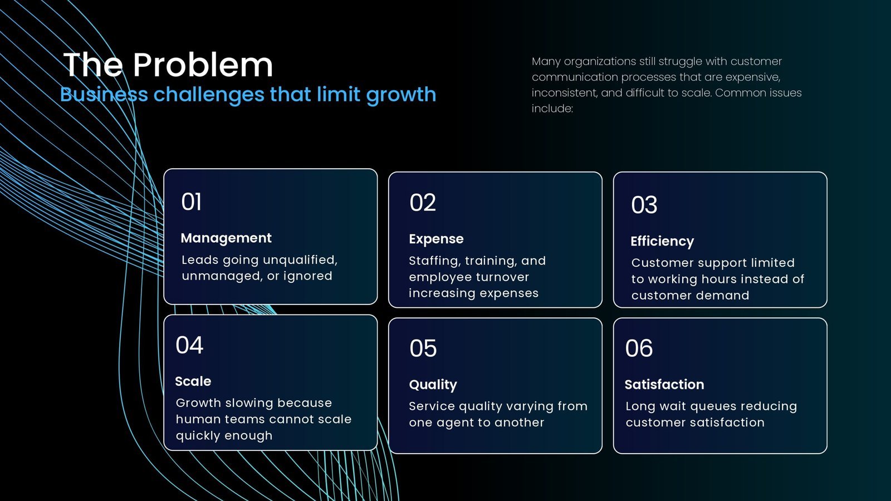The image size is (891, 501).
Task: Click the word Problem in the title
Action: coord(203,65)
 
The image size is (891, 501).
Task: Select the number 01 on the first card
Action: coord(192,202)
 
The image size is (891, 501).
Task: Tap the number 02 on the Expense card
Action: coord(423,203)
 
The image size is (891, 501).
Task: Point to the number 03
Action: coord(644,205)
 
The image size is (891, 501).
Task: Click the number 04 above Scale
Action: coord(189,345)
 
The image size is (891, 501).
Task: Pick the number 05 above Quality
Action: coord(423,348)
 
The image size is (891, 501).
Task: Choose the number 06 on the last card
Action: coord(639,348)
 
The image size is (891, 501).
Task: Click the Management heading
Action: coord(226,238)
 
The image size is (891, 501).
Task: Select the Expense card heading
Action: coord(437,239)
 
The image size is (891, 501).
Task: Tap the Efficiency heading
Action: coord(662,242)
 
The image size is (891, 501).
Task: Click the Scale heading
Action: coord(193,381)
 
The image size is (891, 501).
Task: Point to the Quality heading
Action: coord(433,385)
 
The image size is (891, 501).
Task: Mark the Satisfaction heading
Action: coord(664,385)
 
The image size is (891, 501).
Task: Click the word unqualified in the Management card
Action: coord(300,260)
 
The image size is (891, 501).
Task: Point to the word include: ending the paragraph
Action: coord(552,108)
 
